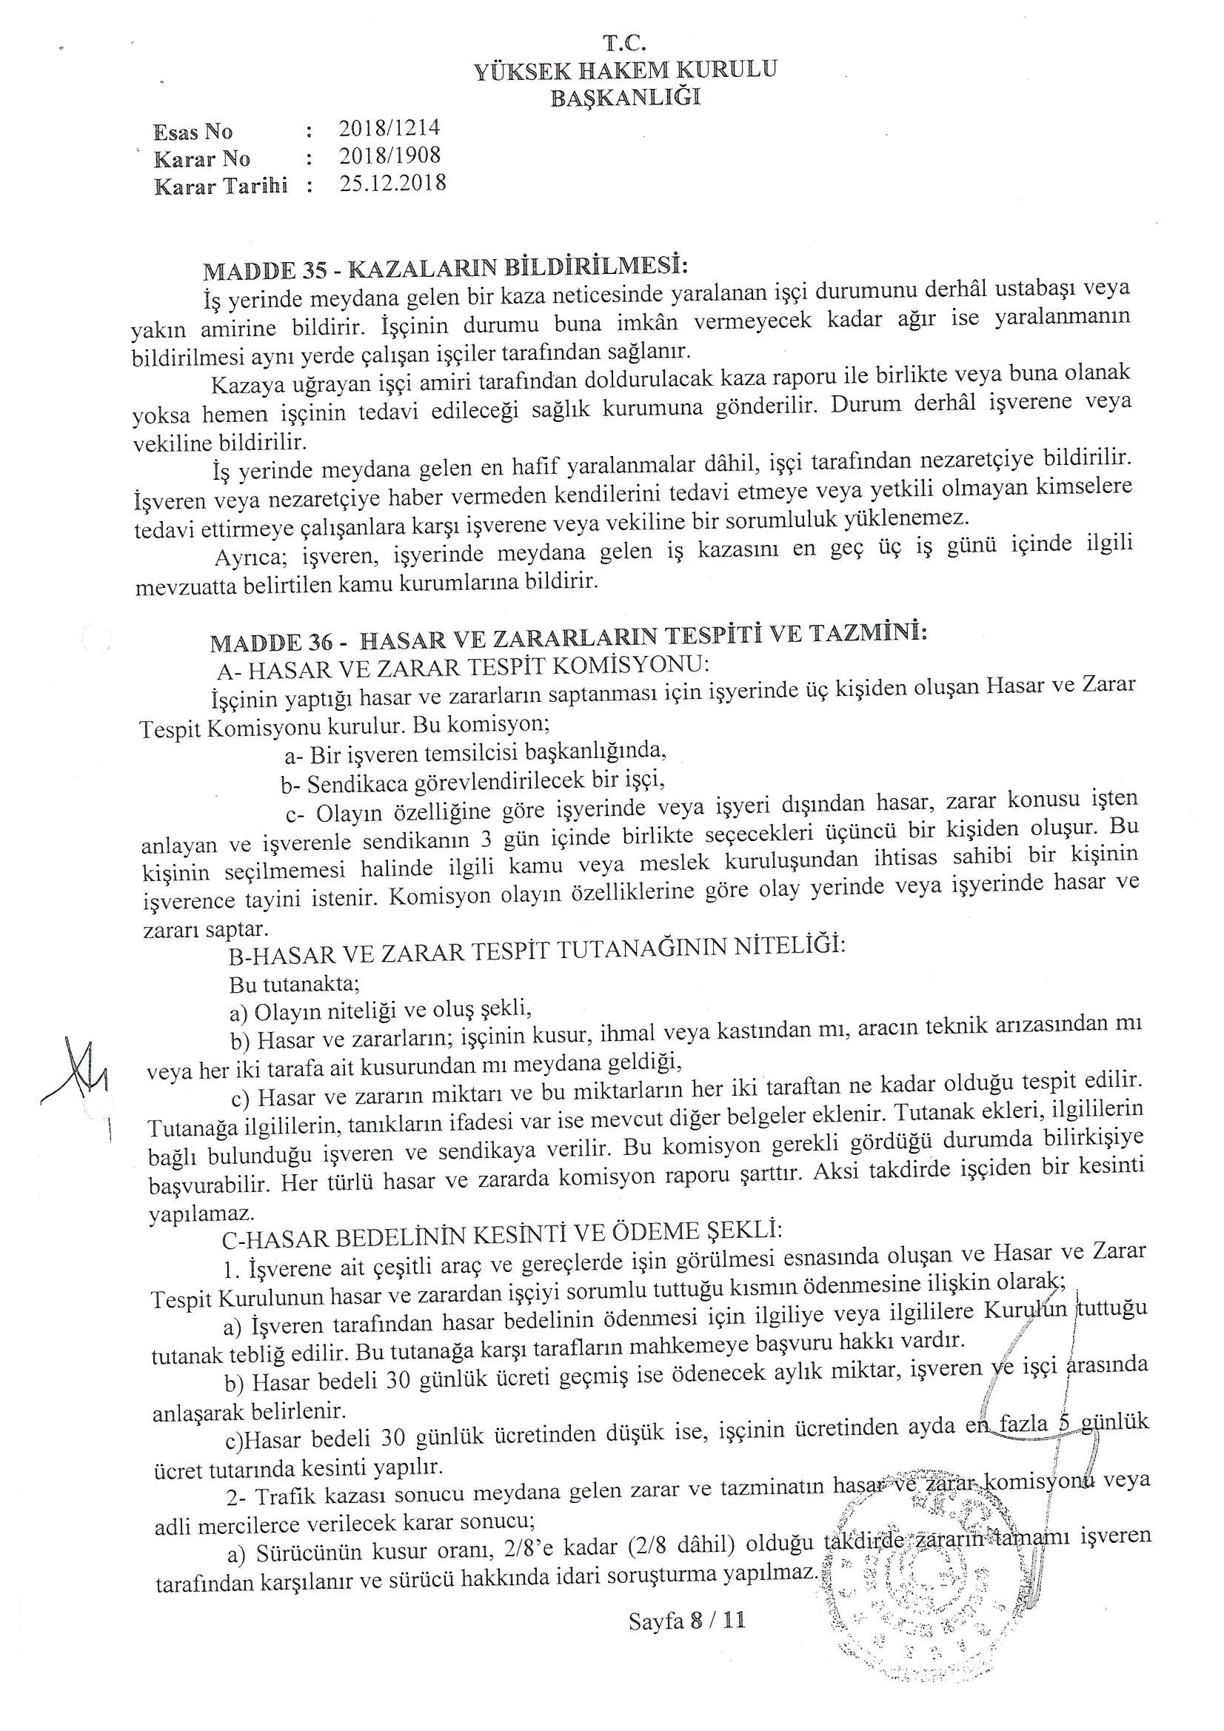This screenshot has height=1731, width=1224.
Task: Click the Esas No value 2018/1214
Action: click(389, 128)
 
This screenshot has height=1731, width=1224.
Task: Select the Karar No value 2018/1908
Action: click(389, 156)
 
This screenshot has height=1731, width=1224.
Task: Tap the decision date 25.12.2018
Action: click(392, 184)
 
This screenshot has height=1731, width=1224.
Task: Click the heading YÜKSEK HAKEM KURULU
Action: click(625, 70)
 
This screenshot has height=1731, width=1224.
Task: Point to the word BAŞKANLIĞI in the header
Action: click(625, 98)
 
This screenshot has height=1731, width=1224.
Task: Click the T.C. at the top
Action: click(625, 43)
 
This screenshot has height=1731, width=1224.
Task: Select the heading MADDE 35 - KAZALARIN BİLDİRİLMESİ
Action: click(446, 269)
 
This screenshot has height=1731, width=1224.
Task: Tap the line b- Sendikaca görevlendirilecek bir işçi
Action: click(473, 783)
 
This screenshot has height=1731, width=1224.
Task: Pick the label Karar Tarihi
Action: click(221, 187)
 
